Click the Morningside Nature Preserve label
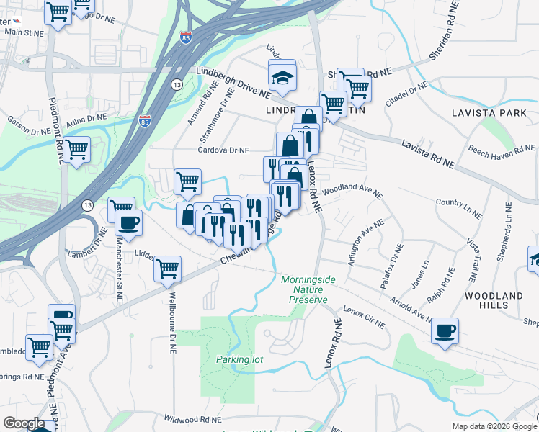coord(304,289)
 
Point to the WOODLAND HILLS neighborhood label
coord(494,301)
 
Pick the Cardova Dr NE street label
coord(223,150)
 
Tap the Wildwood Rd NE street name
coord(191,418)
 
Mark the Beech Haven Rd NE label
coord(502,149)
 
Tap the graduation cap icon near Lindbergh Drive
coord(282,75)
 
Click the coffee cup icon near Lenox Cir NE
coord(445,330)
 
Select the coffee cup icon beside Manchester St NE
coord(128,222)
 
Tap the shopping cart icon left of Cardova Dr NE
coord(187,181)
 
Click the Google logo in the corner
coord(23,423)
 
